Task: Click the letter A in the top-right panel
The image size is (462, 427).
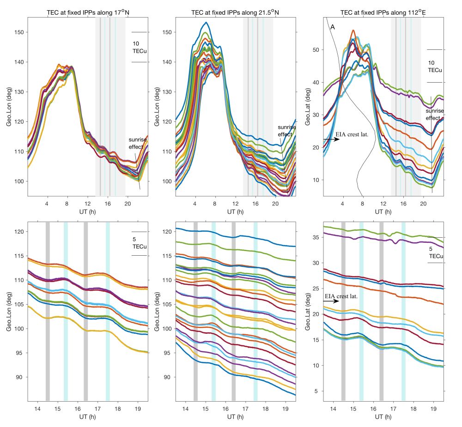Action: click(x=332, y=27)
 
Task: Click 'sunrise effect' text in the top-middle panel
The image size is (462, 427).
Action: click(x=285, y=131)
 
